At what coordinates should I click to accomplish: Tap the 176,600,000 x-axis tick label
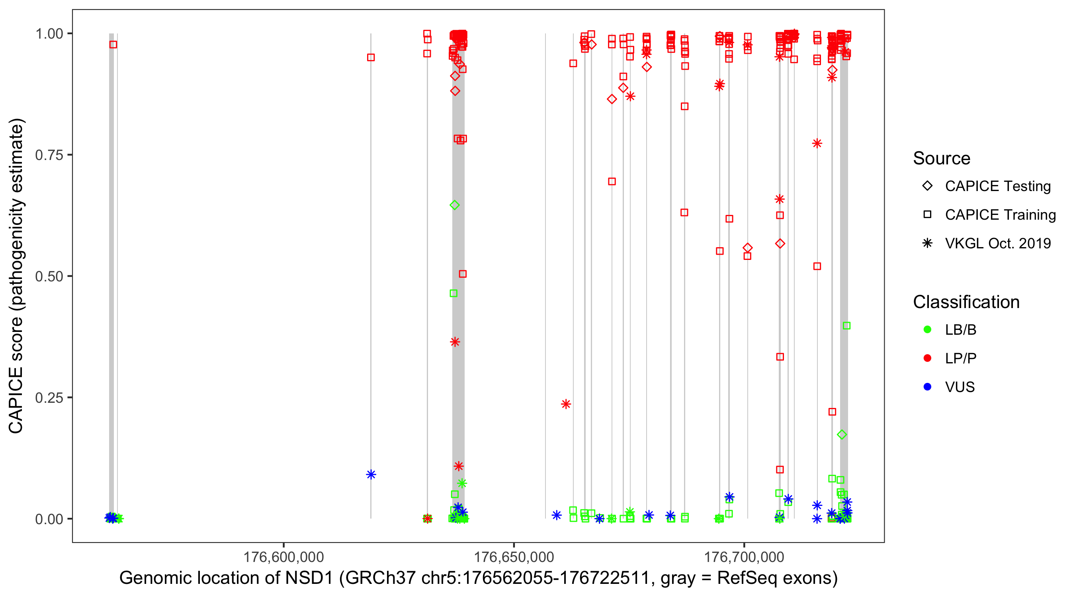(x=283, y=557)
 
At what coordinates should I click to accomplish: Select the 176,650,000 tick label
(x=514, y=557)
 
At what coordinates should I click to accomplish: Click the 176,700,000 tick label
(x=744, y=557)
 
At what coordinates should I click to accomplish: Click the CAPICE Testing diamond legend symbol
(x=927, y=186)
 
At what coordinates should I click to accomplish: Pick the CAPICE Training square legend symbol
(x=927, y=215)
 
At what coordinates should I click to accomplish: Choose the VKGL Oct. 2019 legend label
(x=998, y=244)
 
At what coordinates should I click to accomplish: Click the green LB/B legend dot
(x=927, y=330)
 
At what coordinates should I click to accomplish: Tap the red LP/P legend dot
(x=927, y=358)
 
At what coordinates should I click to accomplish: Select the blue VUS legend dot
(x=927, y=387)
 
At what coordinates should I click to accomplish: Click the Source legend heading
(x=942, y=158)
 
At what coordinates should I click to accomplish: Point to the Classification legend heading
(x=966, y=302)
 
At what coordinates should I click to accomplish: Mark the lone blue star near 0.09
(x=371, y=474)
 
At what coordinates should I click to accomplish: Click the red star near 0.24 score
(x=566, y=404)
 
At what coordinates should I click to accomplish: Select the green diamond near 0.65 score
(x=455, y=205)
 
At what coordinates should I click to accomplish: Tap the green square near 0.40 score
(x=846, y=326)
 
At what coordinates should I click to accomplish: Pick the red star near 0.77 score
(x=817, y=144)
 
